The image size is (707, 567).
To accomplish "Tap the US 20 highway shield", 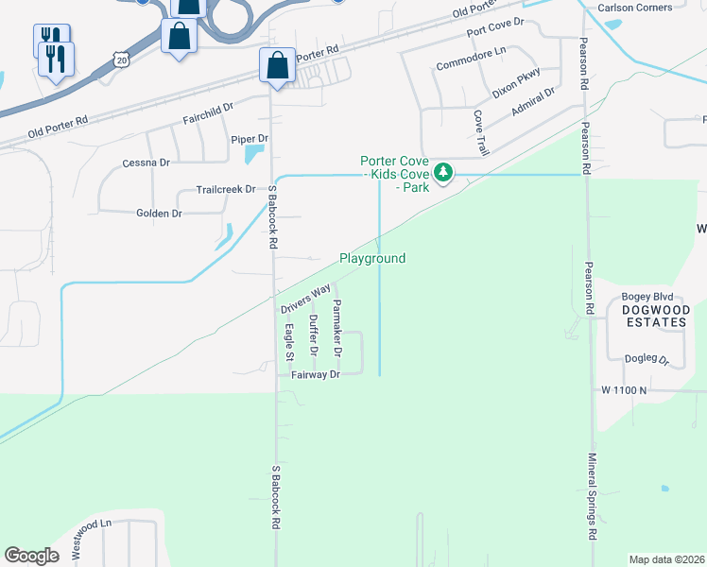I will click(120, 60).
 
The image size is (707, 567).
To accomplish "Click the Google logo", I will click(31, 556).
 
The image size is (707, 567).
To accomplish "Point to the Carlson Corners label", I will click(634, 8).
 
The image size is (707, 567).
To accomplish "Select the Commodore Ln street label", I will click(472, 65).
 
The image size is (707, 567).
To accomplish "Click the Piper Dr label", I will click(250, 139).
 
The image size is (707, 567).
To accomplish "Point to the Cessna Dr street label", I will click(146, 163).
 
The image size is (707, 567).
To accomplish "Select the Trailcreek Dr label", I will click(226, 189).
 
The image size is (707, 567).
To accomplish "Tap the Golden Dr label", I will click(159, 214).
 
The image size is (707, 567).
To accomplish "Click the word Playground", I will click(372, 258).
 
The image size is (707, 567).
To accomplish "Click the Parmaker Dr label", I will click(336, 328).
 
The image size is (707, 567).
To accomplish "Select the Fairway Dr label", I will click(316, 374).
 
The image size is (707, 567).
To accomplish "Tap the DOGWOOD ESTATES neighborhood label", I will click(654, 316).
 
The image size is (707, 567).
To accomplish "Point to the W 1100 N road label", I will click(624, 389).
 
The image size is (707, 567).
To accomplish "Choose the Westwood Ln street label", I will click(92, 535).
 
